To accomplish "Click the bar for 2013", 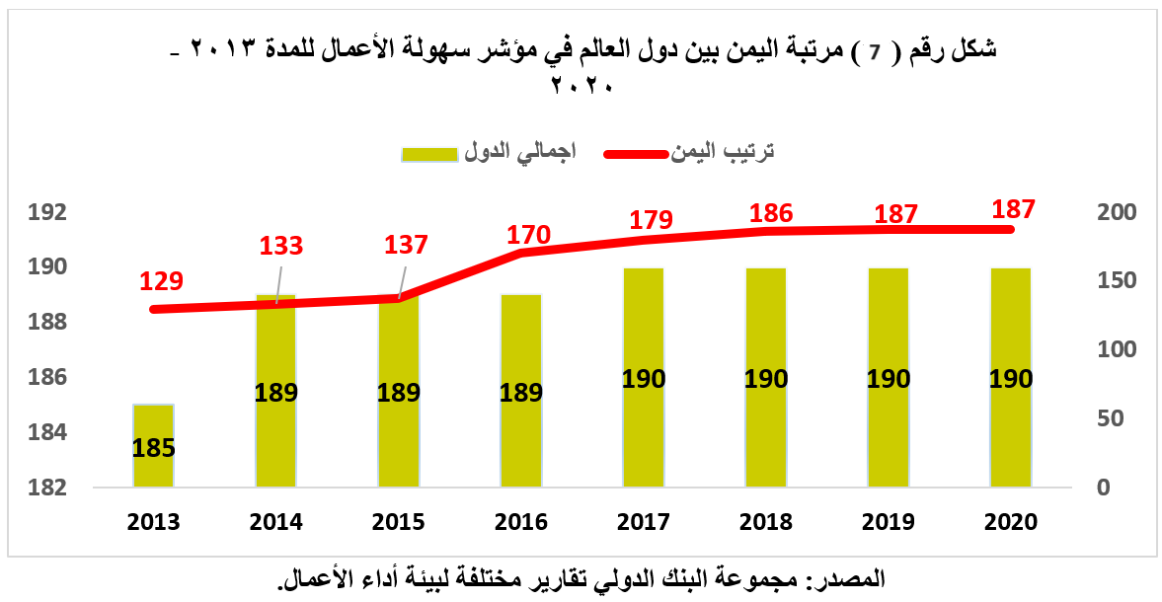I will point(153,424).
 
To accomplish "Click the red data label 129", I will point(161,281).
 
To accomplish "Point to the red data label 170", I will point(528,235).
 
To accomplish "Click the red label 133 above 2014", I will point(282,246).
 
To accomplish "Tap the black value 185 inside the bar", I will point(153,448).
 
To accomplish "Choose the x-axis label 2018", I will point(766,522).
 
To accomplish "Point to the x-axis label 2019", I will point(889,522).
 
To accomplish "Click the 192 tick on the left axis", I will point(46,212).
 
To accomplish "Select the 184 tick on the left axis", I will point(46,432).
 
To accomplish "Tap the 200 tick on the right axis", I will point(1118,212).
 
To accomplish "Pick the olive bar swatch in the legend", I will point(429,153).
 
